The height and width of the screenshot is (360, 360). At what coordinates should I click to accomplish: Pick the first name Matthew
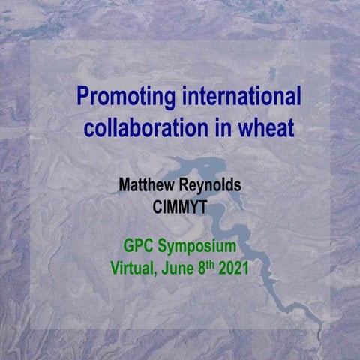pos(147,185)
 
